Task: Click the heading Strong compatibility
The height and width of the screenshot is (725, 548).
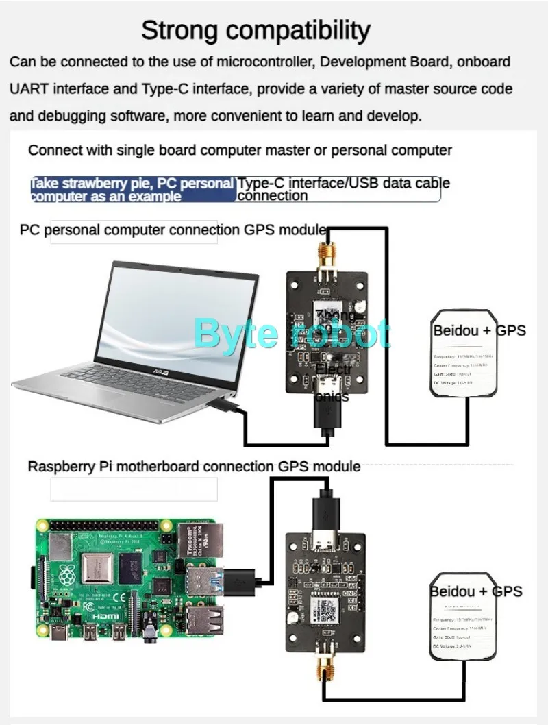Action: coord(256,30)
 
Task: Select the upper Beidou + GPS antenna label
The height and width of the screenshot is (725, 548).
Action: coord(480,330)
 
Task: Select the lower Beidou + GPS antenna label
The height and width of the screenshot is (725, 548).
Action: coord(476,591)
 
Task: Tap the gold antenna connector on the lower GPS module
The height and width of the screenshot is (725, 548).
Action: coord(322,658)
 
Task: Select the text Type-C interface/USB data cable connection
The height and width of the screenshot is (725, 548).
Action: coord(343,189)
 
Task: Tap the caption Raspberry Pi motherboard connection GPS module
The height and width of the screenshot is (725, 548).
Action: coord(194,467)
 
